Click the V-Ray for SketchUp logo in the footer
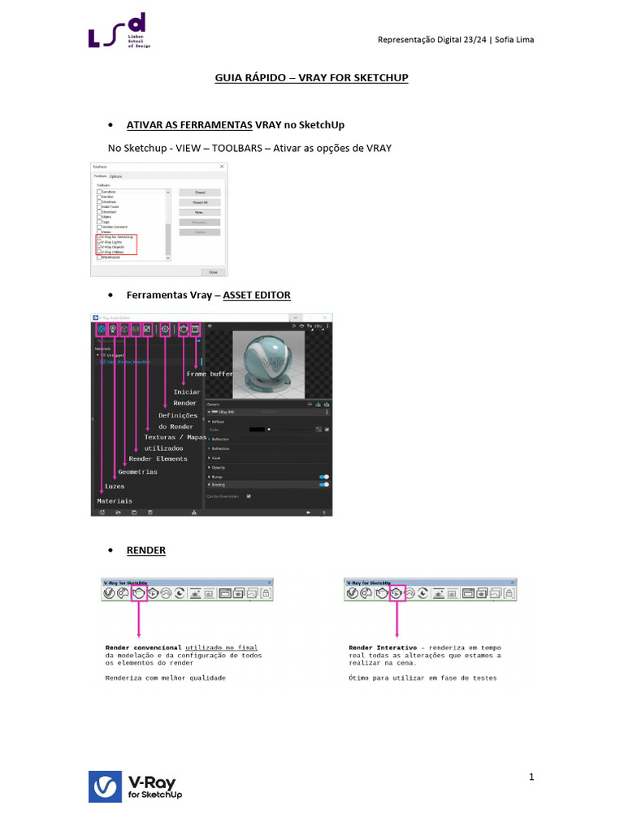point(135,786)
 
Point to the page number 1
point(531,778)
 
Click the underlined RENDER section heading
point(146,550)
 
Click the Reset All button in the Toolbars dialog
point(200,202)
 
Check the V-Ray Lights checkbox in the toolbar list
point(99,242)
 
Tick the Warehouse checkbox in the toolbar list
point(99,257)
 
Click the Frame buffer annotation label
point(210,375)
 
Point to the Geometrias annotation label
point(137,472)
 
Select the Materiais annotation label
point(115,501)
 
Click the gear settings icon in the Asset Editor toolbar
point(165,329)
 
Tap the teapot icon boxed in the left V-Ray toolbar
point(139,594)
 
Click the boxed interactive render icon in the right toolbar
point(397,594)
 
